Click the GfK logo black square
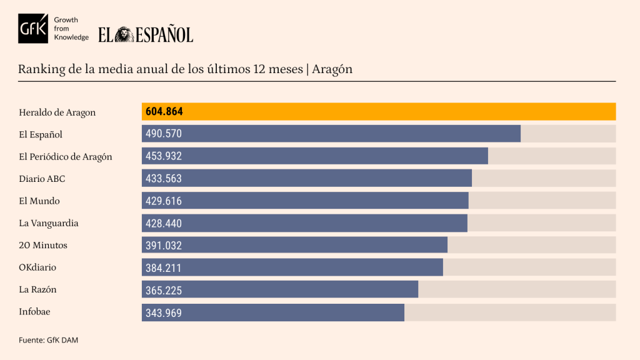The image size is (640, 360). point(32,28)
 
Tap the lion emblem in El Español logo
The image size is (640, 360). point(124,34)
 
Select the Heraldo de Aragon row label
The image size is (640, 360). point(57,112)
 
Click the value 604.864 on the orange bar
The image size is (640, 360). point(164,112)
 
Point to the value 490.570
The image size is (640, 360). point(164,134)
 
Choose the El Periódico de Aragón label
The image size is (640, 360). point(66,157)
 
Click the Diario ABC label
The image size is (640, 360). point(42,179)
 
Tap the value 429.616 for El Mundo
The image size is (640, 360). point(164,201)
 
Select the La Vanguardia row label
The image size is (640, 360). point(49,223)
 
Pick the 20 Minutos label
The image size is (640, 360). point(43,245)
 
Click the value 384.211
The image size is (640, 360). point(164,267)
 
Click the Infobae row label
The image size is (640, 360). point(34,312)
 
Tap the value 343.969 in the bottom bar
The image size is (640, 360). point(164,312)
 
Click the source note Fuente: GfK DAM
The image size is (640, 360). point(48,340)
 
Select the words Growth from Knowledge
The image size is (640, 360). point(71,29)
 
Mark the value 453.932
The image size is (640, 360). point(164,156)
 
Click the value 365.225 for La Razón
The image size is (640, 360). point(164,290)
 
